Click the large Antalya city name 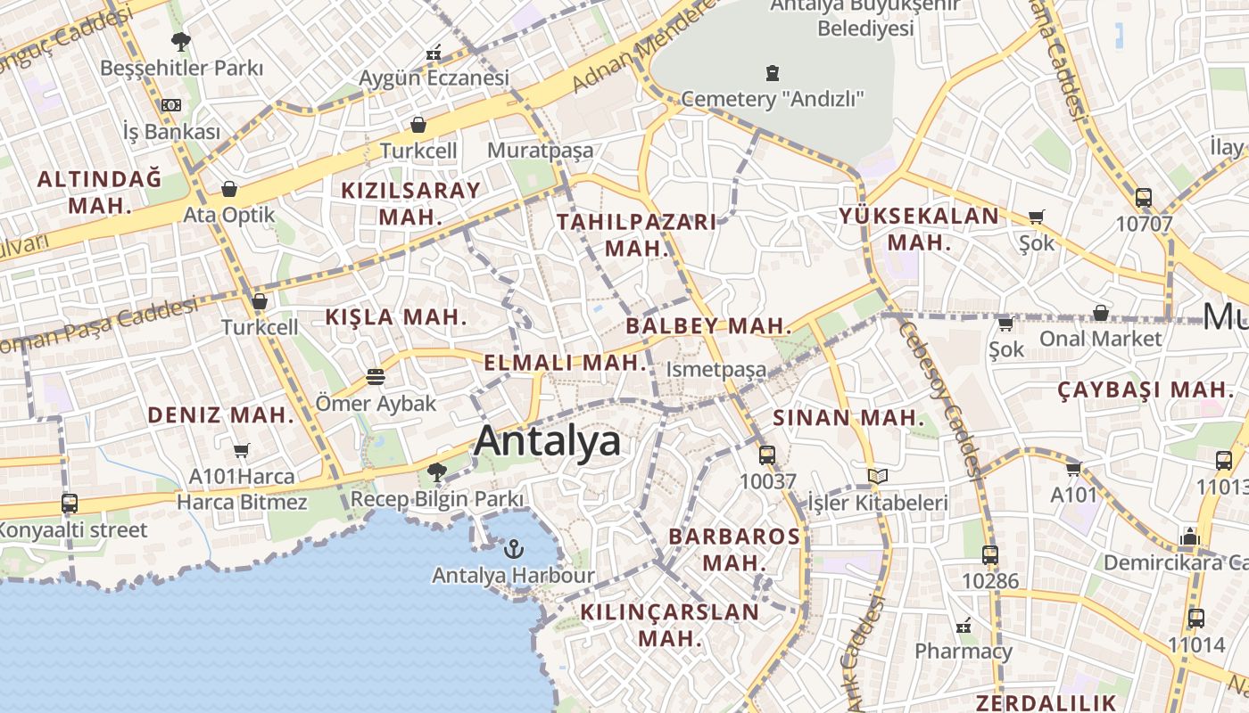547,441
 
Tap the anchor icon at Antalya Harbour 513,549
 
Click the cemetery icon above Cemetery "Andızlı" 773,72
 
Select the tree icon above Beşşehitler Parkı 181,41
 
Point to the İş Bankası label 171,132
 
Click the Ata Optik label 229,215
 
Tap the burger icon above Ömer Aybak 376,377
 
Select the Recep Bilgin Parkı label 437,499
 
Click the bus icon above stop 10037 767,455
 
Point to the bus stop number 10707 1144,224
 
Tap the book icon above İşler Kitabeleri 878,477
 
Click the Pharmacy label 964,651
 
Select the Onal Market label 1101,339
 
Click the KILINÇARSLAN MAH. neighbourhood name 669,625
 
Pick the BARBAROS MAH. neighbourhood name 734,549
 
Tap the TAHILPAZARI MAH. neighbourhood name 637,235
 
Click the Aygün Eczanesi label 434,78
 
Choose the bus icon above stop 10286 989,555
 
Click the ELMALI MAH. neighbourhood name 565,363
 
